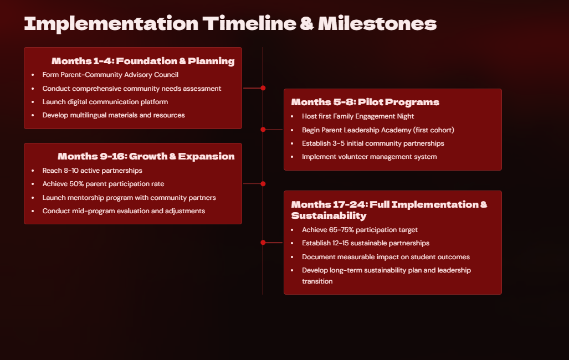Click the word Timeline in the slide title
[x=249, y=24]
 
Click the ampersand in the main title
[x=307, y=24]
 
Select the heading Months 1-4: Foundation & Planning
[x=143, y=61]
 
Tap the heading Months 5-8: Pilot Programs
[x=365, y=102]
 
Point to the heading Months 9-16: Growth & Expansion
[x=146, y=156]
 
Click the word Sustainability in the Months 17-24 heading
[x=329, y=215]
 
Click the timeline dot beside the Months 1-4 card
[x=263, y=88]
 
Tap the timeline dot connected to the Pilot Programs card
[x=263, y=130]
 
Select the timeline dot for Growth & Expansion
[x=263, y=184]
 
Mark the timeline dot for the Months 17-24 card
[x=263, y=243]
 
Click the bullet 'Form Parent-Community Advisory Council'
[x=110, y=75]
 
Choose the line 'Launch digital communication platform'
[x=105, y=102]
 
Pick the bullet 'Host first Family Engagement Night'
[x=358, y=116]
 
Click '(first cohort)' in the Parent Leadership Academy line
[x=434, y=130]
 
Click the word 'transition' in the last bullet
[x=317, y=281]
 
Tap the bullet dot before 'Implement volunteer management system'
[x=292, y=157]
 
